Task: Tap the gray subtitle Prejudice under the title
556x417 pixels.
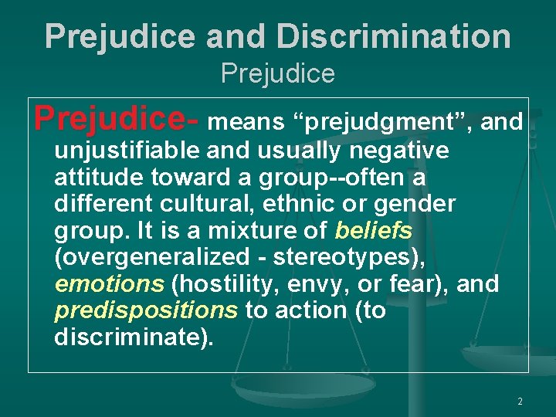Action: click(278, 73)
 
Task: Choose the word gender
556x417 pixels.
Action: click(417, 205)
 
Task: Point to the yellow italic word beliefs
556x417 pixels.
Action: click(374, 230)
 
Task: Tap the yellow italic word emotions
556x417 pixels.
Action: click(109, 283)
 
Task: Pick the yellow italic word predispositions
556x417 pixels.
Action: click(146, 310)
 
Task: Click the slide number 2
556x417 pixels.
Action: click(520, 402)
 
